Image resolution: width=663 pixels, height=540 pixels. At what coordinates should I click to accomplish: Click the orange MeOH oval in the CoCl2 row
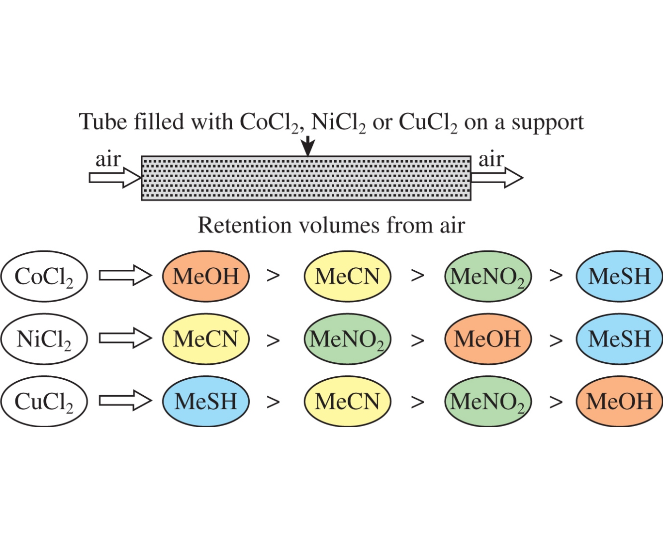[x=205, y=276]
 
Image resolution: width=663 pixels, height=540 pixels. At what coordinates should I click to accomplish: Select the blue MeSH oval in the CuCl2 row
[x=205, y=401]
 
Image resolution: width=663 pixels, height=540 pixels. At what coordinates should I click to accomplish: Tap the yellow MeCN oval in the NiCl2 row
[x=205, y=339]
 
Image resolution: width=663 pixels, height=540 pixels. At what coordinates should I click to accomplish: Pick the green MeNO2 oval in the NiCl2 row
[x=347, y=339]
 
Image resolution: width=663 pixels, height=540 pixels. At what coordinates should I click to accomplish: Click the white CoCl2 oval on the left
[x=44, y=276]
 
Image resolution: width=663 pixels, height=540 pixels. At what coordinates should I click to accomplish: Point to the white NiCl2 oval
[x=44, y=339]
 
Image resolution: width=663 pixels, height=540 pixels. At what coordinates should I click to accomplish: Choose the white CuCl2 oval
[x=44, y=401]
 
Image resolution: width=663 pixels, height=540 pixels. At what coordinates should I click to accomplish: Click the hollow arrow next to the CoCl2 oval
[x=125, y=275]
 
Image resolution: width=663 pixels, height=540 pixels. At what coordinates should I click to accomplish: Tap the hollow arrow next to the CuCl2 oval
[x=125, y=400]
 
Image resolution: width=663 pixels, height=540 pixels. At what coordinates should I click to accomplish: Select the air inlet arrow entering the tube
[x=115, y=178]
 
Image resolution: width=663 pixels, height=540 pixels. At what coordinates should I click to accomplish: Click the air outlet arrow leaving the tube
[x=497, y=178]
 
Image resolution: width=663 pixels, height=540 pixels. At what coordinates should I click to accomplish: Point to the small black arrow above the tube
[x=308, y=146]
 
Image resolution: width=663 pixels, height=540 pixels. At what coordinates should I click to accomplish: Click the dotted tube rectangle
[x=306, y=178]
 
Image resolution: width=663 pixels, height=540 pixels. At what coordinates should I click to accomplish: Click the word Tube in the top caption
[x=103, y=122]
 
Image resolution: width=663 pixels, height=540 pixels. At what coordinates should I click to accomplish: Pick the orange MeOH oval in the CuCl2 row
[x=619, y=401]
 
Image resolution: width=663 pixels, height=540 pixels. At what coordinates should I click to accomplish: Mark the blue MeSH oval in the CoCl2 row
[x=619, y=276]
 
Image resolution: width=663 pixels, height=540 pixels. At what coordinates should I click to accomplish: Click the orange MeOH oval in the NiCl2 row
[x=487, y=339]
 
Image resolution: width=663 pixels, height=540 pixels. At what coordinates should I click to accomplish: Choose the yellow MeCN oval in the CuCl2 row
[x=347, y=401]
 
